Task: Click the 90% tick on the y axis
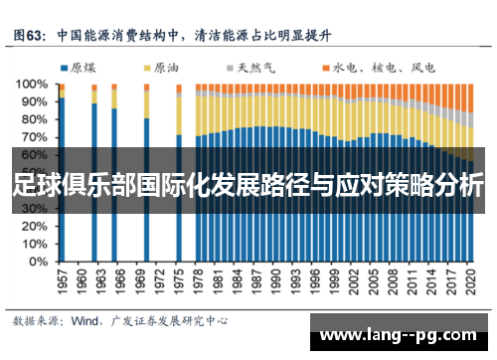coord(34,102)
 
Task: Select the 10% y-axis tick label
coord(34,246)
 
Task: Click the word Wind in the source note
coord(84,321)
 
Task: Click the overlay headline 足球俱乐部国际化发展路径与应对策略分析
coord(248,185)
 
